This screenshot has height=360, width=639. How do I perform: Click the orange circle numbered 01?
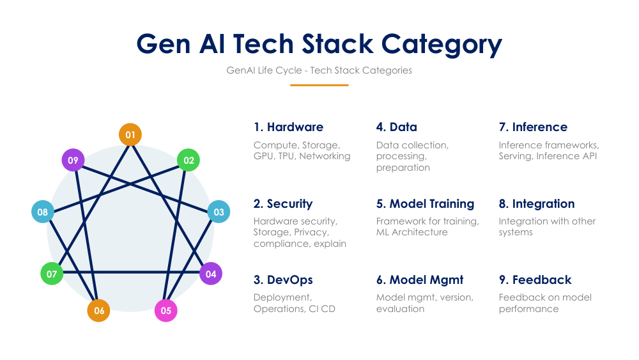pyautogui.click(x=130, y=134)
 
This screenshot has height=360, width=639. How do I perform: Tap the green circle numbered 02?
pyautogui.click(x=189, y=160)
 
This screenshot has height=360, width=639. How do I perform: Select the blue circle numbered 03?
pyautogui.click(x=219, y=212)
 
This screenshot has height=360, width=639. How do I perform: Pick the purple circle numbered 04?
pyautogui.click(x=211, y=274)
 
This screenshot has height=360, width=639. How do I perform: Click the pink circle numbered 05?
pyautogui.click(x=166, y=311)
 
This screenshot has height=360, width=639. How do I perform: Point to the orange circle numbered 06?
pyautogui.click(x=99, y=311)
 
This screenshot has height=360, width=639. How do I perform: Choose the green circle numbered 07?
pyautogui.click(x=52, y=274)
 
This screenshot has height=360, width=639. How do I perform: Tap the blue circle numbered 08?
pyautogui.click(x=42, y=212)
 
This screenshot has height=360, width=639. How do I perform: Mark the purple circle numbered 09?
pyautogui.click(x=73, y=160)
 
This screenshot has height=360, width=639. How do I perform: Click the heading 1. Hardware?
pyautogui.click(x=288, y=127)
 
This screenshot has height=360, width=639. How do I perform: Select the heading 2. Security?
pyautogui.click(x=283, y=204)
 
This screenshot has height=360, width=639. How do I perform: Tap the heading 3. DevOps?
pyautogui.click(x=283, y=280)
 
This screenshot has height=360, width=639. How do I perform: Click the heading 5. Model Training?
pyautogui.click(x=425, y=204)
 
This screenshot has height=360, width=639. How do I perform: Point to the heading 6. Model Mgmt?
pyautogui.click(x=420, y=280)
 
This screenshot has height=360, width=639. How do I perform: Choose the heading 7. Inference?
pyautogui.click(x=533, y=127)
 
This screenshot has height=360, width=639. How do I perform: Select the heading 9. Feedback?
pyautogui.click(x=535, y=280)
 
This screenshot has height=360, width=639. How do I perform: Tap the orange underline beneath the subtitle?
pyautogui.click(x=319, y=85)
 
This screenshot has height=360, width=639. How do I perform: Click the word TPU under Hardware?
pyautogui.click(x=287, y=156)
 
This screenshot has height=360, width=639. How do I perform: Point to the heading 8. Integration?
pyautogui.click(x=537, y=204)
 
